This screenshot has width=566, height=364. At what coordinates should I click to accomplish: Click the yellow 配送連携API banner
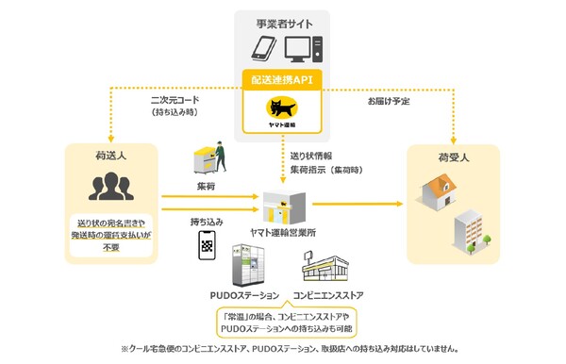click(x=283, y=82)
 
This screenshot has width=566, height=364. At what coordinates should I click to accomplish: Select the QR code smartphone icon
click(x=208, y=245)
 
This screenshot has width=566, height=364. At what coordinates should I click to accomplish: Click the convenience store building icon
click(x=328, y=268)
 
